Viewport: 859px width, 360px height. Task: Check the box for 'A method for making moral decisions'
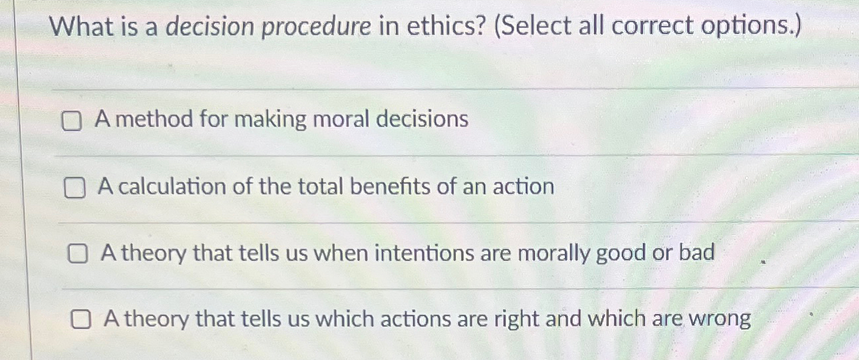click(x=72, y=121)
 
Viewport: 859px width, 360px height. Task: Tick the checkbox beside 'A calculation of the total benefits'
click(x=75, y=188)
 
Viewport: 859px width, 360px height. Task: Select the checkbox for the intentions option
click(x=78, y=254)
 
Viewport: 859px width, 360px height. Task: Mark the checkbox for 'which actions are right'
click(x=81, y=321)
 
